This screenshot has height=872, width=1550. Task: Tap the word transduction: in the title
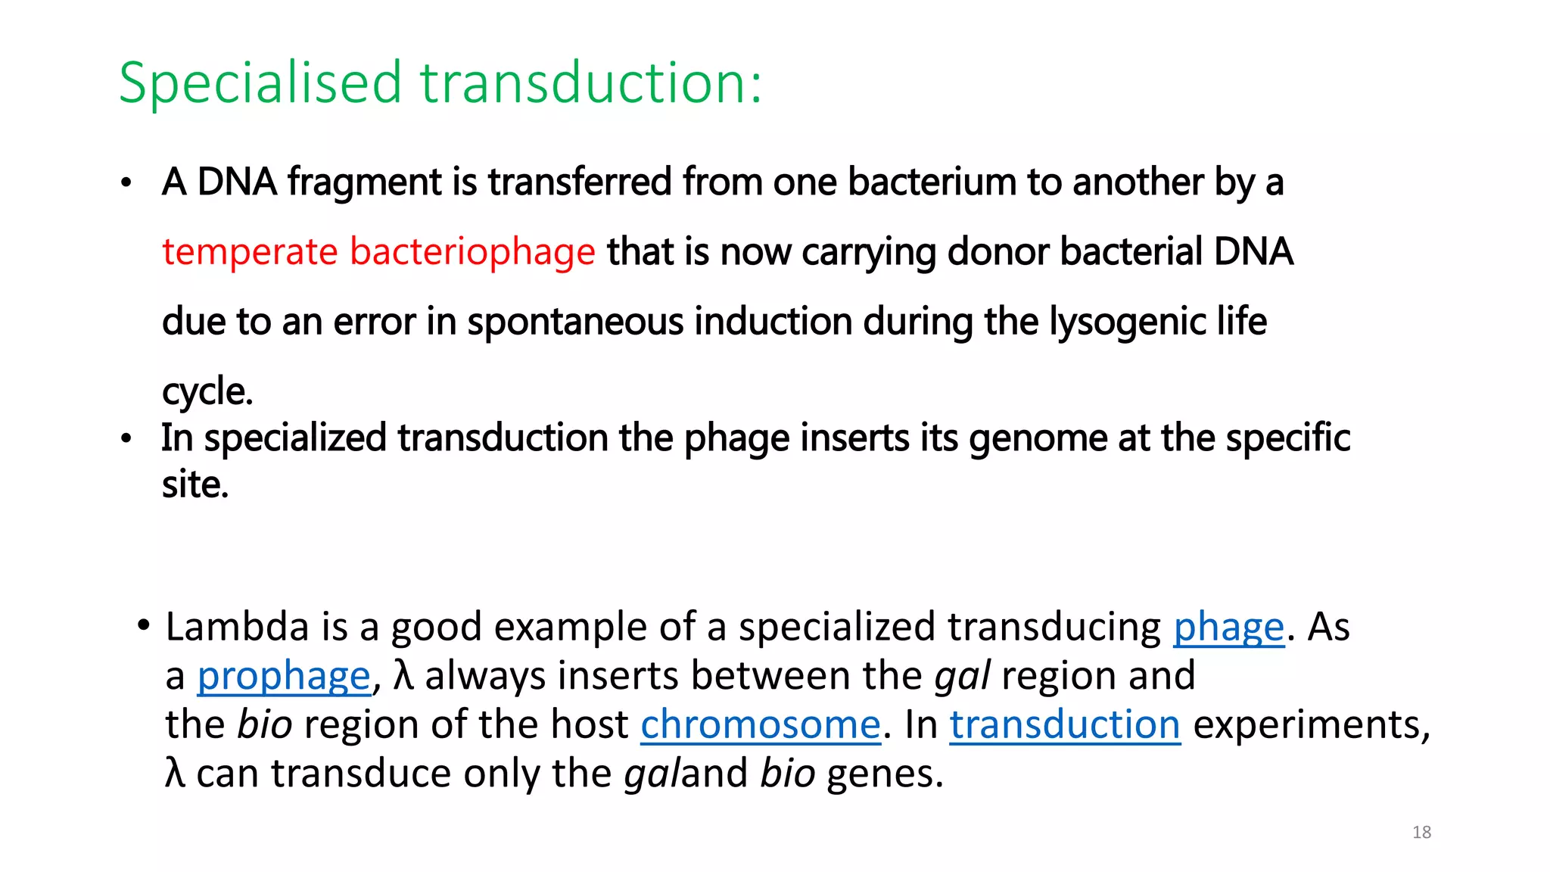(x=591, y=83)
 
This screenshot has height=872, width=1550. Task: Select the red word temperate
(x=250, y=252)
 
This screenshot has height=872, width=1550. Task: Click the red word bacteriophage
(x=472, y=252)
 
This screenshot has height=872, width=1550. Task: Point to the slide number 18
(x=1421, y=833)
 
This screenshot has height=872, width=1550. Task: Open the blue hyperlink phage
(x=1228, y=628)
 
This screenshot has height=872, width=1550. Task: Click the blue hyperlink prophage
(x=284, y=676)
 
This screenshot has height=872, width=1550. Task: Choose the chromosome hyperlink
(x=761, y=724)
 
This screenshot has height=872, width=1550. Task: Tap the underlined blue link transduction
(x=1065, y=724)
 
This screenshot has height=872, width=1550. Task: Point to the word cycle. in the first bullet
(x=207, y=392)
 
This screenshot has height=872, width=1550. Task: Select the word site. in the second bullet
(x=195, y=484)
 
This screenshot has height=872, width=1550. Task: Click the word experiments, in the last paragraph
(x=1312, y=724)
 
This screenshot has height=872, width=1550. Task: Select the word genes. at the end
(x=885, y=774)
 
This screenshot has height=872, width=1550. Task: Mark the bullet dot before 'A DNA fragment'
(x=126, y=183)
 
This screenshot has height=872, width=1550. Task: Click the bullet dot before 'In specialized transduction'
(x=126, y=439)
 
